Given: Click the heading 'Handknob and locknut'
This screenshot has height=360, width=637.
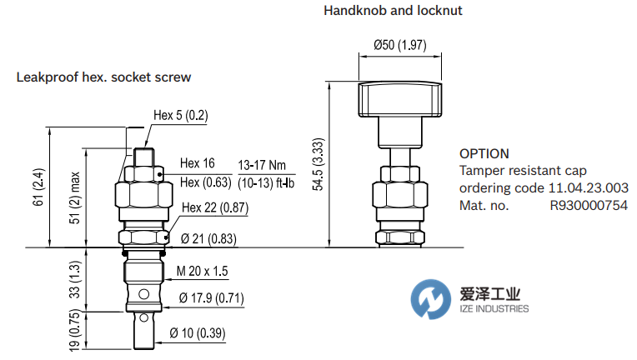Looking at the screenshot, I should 392,11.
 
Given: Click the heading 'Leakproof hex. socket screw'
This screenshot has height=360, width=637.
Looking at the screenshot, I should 103,77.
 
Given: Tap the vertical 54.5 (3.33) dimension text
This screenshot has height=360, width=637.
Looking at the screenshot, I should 318,164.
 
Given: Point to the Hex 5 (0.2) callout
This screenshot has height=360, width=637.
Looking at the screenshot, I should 180,116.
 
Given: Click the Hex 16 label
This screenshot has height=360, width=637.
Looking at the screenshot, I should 198,163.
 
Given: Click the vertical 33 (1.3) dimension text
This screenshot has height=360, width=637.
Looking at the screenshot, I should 75,280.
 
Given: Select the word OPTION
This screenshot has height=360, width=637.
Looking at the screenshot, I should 484,153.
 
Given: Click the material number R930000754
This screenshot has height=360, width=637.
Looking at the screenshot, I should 588,205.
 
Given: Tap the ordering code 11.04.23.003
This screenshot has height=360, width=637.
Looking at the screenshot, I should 589,188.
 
